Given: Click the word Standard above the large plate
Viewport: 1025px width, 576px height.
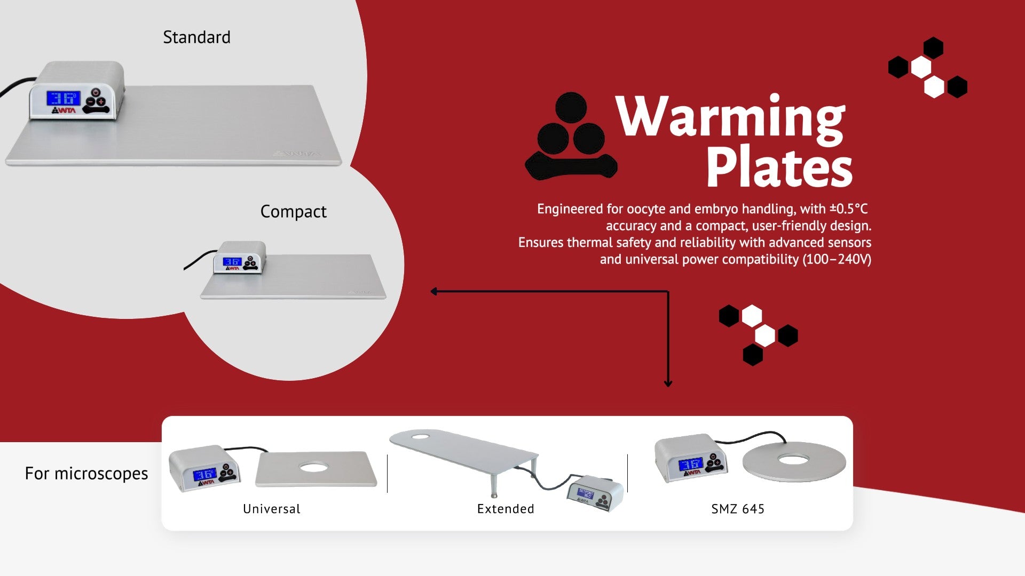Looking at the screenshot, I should [196, 37].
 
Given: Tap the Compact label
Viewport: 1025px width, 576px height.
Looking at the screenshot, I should [293, 212].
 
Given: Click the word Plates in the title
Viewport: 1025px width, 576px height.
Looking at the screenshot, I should [779, 167].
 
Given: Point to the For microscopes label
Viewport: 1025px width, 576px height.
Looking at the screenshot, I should [86, 474].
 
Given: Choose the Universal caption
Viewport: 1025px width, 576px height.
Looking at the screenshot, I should [272, 509].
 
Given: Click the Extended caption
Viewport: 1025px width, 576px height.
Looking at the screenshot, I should [506, 509].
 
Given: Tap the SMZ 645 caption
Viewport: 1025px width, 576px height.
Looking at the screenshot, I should [738, 509].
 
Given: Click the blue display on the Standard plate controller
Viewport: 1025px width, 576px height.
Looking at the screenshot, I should [63, 99].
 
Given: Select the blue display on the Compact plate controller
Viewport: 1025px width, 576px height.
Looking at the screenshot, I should [232, 261].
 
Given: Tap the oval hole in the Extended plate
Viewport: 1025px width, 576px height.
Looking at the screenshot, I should [420, 437].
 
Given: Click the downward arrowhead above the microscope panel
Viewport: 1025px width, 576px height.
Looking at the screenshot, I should [668, 383].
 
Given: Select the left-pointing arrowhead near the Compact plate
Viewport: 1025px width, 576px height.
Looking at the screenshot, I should [434, 291].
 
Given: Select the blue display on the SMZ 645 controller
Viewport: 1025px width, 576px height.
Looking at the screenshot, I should [690, 465].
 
